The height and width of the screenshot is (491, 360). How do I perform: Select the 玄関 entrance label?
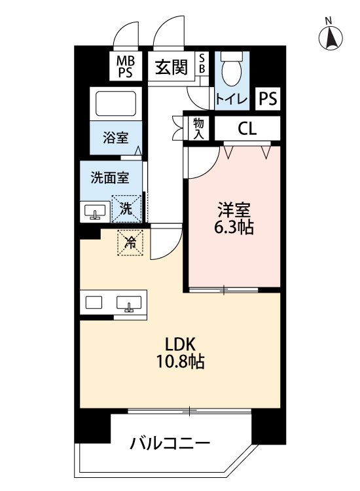pyautogui.click(x=171, y=67)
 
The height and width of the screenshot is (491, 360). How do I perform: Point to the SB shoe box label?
pyautogui.click(x=202, y=64)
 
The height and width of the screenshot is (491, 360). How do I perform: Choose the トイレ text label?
pyautogui.click(x=231, y=99)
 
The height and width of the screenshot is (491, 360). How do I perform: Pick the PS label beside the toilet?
pyautogui.click(x=268, y=99)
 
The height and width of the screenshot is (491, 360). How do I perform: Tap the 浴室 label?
pyautogui.click(x=115, y=138)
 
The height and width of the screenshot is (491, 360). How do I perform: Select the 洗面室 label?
pyautogui.click(x=109, y=177)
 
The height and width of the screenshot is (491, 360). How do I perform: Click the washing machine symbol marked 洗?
pyautogui.click(x=126, y=209)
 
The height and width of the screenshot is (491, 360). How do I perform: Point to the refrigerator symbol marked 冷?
pyautogui.click(x=131, y=243)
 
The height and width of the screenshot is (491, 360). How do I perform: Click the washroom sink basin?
pyautogui.click(x=96, y=213)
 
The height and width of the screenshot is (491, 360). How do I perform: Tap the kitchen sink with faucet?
pyautogui.click(x=130, y=304)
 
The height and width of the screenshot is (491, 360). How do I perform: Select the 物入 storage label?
pyautogui.click(x=198, y=128)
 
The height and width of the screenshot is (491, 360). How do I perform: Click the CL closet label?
pyautogui.click(x=247, y=128)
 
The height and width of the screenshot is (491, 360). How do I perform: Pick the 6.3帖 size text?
pyautogui.click(x=234, y=228)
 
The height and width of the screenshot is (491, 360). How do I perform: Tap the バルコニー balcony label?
pyautogui.click(x=170, y=444)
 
